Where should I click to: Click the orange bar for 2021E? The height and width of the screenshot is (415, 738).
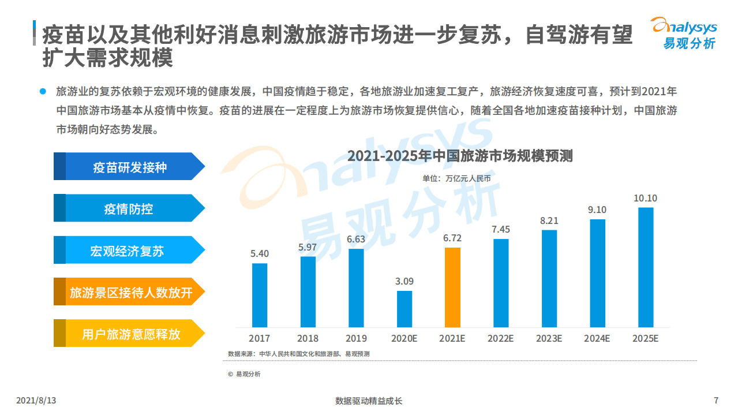(x=453, y=287)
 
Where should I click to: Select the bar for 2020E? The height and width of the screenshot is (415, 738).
(x=404, y=309)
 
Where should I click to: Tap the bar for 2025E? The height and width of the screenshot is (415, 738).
(x=646, y=267)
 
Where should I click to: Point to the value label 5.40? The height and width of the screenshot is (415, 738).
(x=260, y=253)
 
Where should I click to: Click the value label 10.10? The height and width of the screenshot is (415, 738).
(x=645, y=198)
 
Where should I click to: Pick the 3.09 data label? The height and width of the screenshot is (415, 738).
(x=404, y=281)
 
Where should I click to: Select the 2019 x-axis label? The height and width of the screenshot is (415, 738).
(x=356, y=338)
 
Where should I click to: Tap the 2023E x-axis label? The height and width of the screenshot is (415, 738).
(x=549, y=338)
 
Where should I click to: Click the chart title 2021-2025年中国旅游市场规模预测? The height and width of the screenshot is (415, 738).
(x=459, y=156)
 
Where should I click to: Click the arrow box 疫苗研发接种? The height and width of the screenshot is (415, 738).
(x=130, y=167)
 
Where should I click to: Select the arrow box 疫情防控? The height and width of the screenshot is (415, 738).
(x=129, y=208)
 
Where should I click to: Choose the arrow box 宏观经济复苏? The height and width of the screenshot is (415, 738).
(x=129, y=251)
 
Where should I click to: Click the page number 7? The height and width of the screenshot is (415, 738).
(x=716, y=400)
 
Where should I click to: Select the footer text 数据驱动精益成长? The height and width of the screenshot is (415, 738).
(x=369, y=401)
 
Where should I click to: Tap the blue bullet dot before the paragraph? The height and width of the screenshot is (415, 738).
(x=42, y=91)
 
